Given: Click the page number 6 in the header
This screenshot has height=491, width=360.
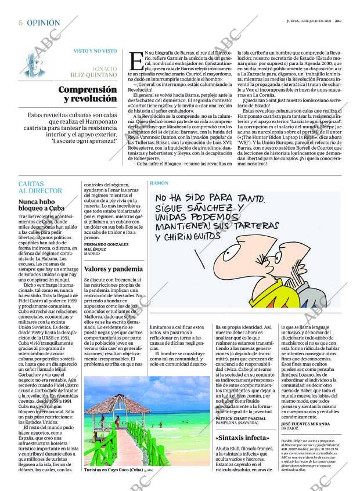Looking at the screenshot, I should (x=21, y=23).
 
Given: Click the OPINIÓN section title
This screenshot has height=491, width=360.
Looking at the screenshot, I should (x=44, y=23).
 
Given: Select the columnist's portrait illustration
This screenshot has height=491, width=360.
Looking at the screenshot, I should (x=38, y=66).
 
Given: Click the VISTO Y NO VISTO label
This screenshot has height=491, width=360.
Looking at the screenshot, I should (x=95, y=51).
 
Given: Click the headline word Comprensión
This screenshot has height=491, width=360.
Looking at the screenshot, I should (x=88, y=90).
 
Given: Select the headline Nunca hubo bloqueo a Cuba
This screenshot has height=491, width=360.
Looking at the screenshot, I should (x=42, y=207).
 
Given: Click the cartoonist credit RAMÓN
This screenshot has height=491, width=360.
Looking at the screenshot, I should (x=159, y=183).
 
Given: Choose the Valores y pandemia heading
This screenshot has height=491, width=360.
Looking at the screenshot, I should (x=113, y=269).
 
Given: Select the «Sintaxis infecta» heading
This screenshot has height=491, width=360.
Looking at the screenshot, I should (x=242, y=438).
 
